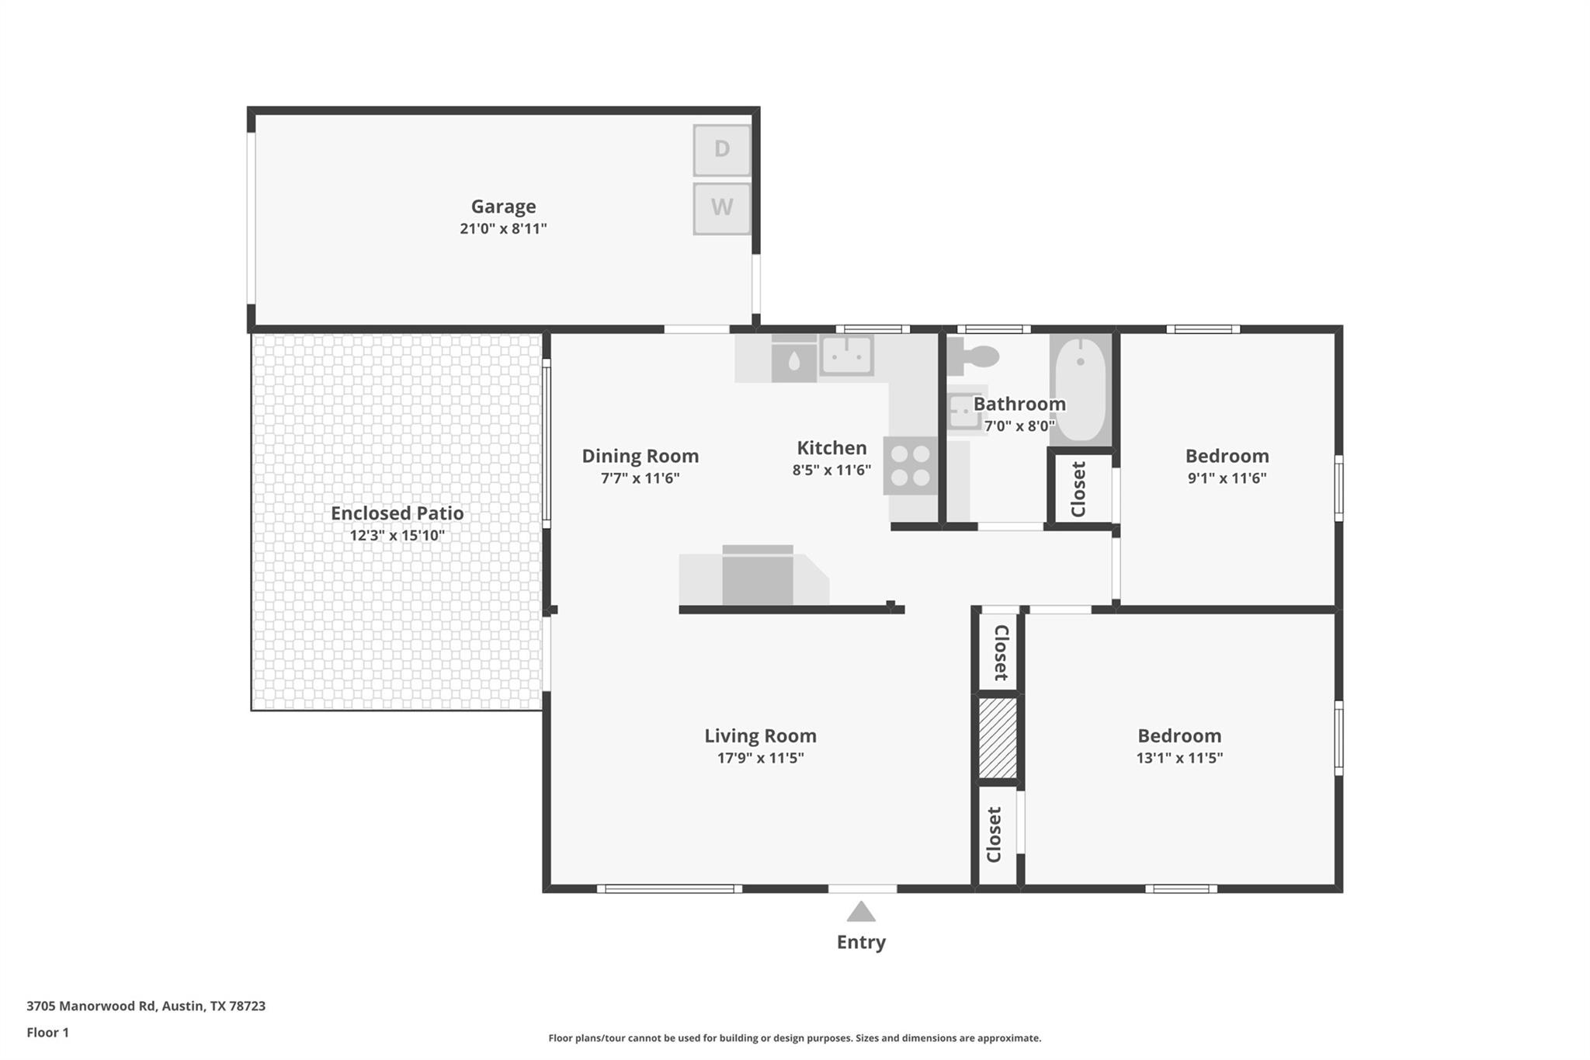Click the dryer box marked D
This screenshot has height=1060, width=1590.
point(722,149)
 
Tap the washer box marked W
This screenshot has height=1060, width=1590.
point(722,208)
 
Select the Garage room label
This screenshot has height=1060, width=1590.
point(503,207)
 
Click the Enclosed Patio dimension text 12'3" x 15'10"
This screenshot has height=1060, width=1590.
point(397,535)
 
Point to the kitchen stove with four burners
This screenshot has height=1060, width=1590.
point(911,466)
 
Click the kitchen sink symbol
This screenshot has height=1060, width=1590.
point(846,356)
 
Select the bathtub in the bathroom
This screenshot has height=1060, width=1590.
point(1081,388)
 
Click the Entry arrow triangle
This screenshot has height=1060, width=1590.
point(861,912)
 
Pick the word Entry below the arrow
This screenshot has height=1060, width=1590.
point(861,942)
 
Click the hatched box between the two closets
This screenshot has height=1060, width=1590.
point(998,738)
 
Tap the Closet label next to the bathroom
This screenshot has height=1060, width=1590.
point(1078,489)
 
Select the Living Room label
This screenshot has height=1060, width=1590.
point(760,735)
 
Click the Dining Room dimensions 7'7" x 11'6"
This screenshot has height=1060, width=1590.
point(640,478)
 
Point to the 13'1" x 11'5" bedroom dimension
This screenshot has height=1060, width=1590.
point(1179,758)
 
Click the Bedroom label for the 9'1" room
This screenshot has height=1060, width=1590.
point(1227,456)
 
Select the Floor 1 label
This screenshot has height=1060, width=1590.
point(48,1032)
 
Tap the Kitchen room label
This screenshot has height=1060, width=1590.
point(831,448)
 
